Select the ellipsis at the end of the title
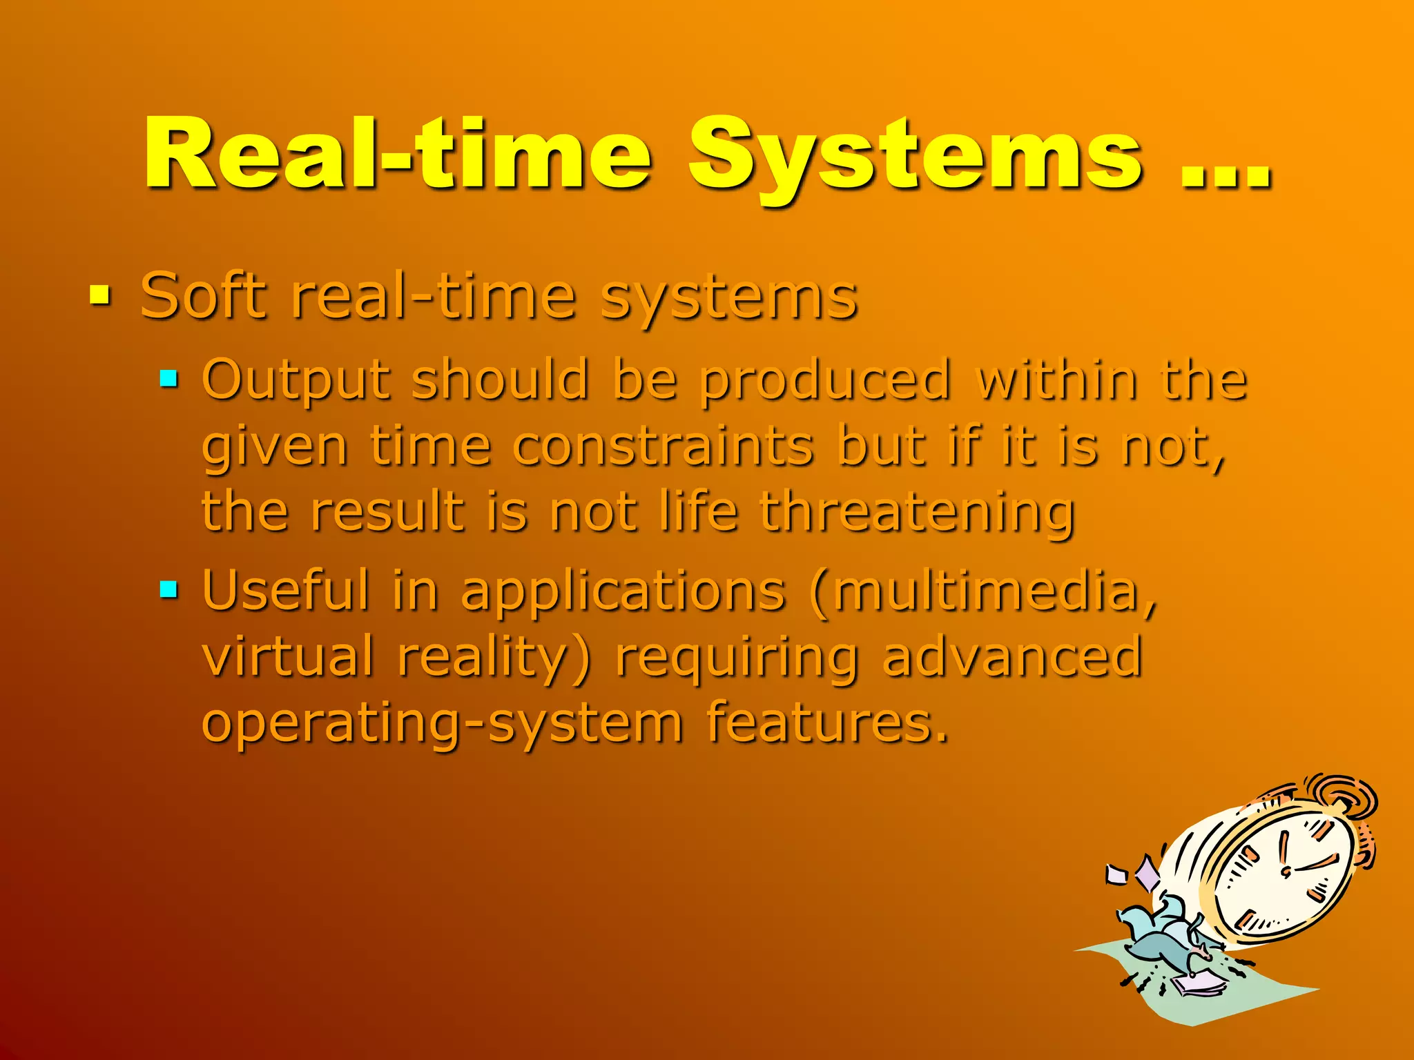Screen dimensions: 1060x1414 (1226, 176)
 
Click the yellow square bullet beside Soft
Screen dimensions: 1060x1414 (100, 296)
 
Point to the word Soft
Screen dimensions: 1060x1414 (203, 296)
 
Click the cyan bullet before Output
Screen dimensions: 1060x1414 (168, 378)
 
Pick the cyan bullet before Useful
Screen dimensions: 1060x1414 (168, 589)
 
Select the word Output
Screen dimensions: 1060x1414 (296, 382)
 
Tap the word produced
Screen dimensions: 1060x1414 (825, 382)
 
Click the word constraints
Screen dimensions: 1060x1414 (663, 446)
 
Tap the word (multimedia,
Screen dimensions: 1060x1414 (984, 592)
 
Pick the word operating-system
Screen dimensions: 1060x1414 (442, 725)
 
